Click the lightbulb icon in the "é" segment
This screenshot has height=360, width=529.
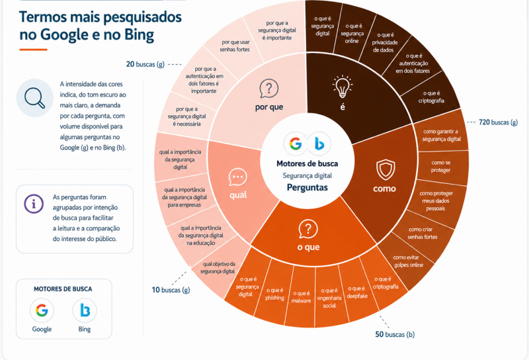tap(343, 87)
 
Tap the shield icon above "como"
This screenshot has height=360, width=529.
tap(386, 170)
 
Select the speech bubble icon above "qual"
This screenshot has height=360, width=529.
tap(238, 177)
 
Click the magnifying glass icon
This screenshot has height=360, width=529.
tap(35, 98)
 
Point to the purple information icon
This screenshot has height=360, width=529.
tap(34, 204)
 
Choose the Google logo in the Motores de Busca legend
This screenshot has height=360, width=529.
tap(42, 310)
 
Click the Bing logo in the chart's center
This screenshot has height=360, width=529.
tap(319, 144)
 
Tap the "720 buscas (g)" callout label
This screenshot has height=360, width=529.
tap(498, 122)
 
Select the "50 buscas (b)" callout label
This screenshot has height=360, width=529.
tap(395, 334)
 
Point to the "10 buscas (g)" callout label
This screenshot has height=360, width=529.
tap(171, 290)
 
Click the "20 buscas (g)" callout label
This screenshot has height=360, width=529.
tap(145, 64)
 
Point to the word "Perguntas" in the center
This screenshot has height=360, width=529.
tap(307, 187)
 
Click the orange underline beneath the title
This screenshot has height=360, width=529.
tap(33, 50)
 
